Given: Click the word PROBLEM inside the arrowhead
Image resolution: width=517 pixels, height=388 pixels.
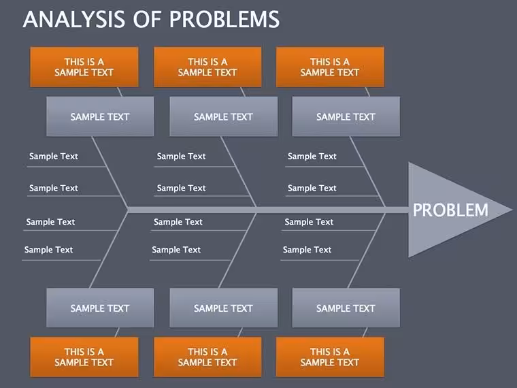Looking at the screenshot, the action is coord(450,210).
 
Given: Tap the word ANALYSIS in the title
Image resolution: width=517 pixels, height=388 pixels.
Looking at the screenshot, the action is coord(74,19).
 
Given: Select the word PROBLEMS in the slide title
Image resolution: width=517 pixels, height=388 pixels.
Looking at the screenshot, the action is coord(224,19).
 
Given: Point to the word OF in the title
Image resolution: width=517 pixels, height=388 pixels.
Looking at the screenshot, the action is coord(147,19).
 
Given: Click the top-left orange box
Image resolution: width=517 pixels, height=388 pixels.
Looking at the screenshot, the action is coord(84,67).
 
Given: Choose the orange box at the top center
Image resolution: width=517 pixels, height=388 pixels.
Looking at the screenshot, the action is coord(207,67).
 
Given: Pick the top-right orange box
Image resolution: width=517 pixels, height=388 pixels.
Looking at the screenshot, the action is coord(330,67).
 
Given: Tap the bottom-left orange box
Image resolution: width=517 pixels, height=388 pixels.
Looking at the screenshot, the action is coord(84,357).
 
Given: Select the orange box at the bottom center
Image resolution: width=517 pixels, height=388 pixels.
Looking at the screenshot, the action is coord(207,357).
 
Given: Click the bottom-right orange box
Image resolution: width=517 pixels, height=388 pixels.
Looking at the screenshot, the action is coord(330,357).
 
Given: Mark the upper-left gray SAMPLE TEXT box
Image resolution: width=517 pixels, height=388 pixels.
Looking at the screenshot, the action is coord(100,116).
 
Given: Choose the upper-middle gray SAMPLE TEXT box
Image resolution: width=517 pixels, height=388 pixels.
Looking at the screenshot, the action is coord(223,116).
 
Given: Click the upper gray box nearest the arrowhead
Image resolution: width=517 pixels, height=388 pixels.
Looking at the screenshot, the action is coord(346,116).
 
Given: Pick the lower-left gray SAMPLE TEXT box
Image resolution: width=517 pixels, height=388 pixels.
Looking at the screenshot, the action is coord(100,308).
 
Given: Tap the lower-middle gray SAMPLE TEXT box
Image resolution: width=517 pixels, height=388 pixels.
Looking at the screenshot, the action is coord(223,308).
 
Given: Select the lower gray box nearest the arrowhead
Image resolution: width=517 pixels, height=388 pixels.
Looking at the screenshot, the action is coord(346,308).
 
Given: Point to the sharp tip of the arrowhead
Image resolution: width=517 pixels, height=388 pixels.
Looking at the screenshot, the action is coord(512,210).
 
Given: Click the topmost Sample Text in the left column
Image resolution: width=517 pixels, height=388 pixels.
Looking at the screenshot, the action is coord(54,156).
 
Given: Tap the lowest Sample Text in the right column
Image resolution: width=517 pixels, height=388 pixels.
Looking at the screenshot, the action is coord(307,250).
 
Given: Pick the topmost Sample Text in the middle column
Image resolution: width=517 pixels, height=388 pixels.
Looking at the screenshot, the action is coord(181,156).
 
